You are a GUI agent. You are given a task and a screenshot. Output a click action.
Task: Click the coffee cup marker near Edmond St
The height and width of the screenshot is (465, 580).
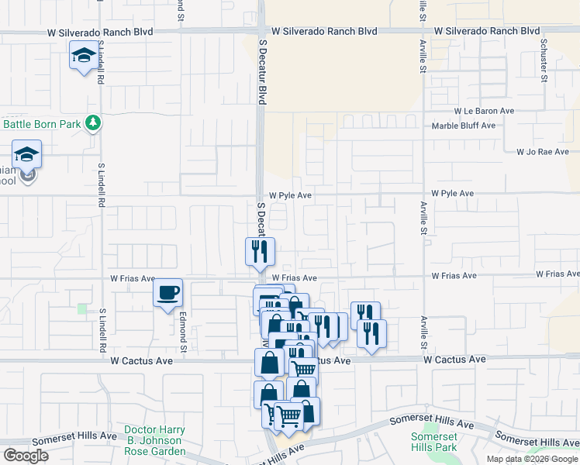point(168,293)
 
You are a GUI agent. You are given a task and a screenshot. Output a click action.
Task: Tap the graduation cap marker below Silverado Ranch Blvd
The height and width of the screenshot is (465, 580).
point(83,56)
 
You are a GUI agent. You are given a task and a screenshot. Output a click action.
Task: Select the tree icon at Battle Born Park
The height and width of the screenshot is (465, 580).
point(93,123)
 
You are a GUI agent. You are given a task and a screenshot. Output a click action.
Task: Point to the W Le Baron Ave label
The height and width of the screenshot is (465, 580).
point(485,112)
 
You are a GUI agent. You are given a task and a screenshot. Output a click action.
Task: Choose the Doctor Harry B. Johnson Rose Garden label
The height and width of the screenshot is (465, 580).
point(155,440)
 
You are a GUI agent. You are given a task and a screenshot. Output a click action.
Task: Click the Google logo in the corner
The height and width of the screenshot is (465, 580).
point(26,456)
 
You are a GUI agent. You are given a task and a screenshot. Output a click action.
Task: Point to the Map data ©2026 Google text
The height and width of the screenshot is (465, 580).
point(532,459)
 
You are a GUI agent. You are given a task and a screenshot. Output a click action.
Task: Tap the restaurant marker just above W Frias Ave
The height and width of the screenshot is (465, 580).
point(260,251)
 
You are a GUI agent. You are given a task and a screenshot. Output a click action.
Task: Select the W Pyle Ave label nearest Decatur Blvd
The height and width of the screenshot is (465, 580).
point(290,196)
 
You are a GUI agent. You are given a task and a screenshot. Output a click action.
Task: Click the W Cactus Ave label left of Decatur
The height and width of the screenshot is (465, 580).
point(141,361)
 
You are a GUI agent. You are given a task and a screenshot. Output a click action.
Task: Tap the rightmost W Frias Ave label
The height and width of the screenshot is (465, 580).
point(558,274)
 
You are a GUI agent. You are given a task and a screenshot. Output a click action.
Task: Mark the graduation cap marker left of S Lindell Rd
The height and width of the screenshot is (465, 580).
point(27,154)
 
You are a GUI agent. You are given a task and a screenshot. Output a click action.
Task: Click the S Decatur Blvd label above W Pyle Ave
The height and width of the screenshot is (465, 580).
point(262,74)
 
